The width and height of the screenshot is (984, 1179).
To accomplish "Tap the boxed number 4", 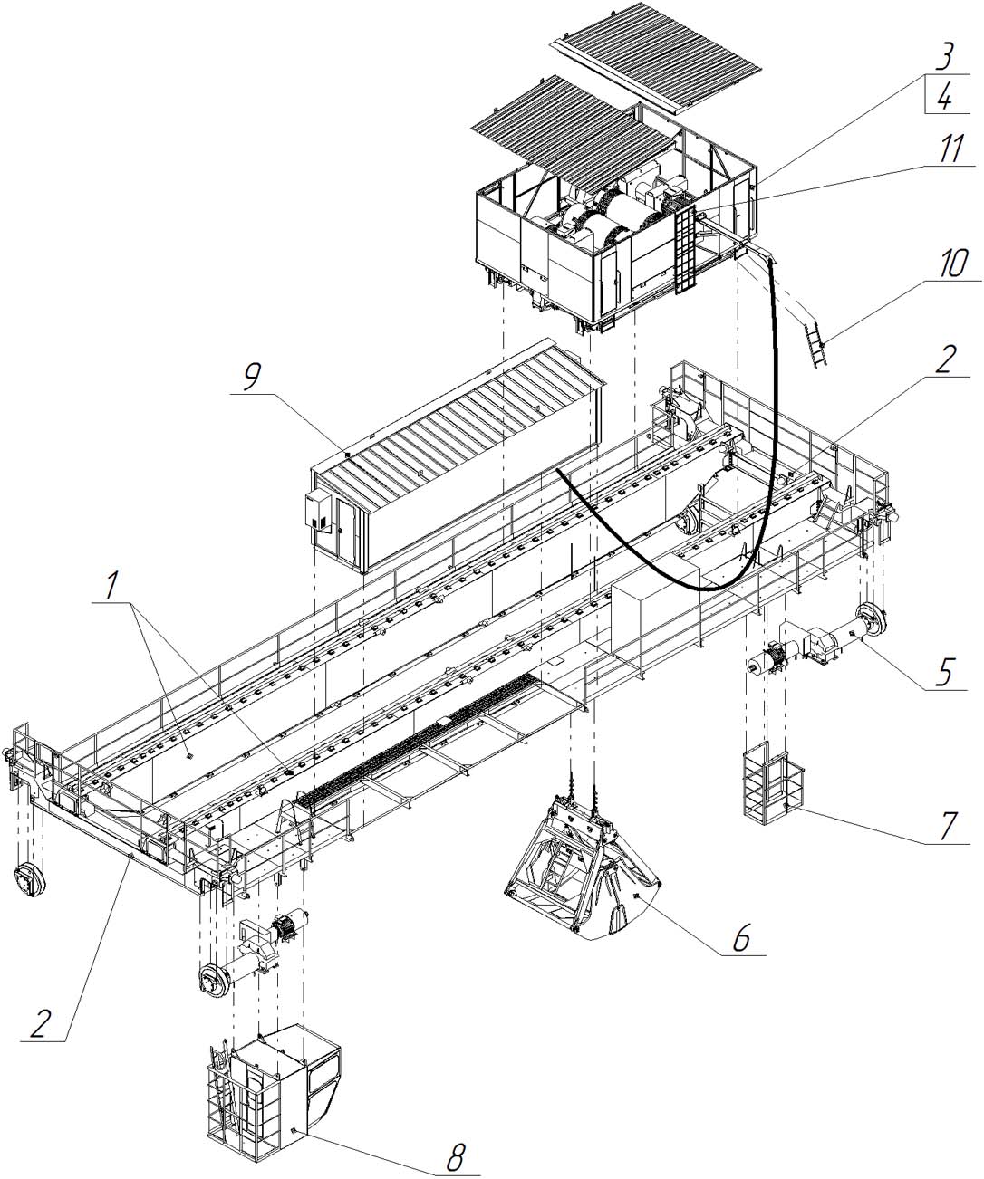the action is (945, 95).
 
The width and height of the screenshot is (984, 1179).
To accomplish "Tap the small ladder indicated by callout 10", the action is (815, 340).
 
